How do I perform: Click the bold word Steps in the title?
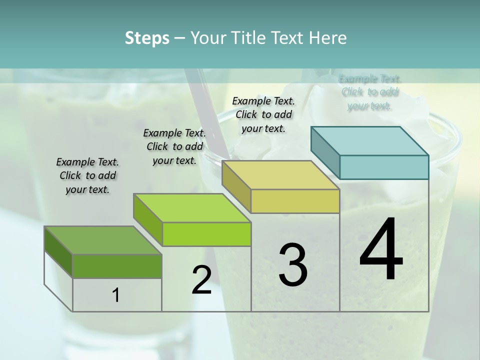pyautogui.click(x=147, y=38)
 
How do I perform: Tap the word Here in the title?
pyautogui.click(x=328, y=38)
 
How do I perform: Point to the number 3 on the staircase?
pyautogui.click(x=293, y=265)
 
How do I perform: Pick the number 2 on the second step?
pyautogui.click(x=201, y=280)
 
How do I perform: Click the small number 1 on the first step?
pyautogui.click(x=116, y=295)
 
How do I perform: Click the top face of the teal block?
pyautogui.click(x=370, y=140)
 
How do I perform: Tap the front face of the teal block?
pyautogui.click(x=384, y=167)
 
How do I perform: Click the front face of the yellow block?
pyautogui.click(x=295, y=201)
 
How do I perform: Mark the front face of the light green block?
pyautogui.click(x=206, y=234)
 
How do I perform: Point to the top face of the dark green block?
pyautogui.click(x=103, y=240)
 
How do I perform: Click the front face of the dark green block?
pyautogui.click(x=117, y=266)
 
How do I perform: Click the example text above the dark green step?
pyautogui.click(x=87, y=175)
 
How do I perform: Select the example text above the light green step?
pyautogui.click(x=174, y=146)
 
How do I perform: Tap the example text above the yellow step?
pyautogui.click(x=264, y=114)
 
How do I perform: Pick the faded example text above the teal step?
pyautogui.click(x=370, y=92)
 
